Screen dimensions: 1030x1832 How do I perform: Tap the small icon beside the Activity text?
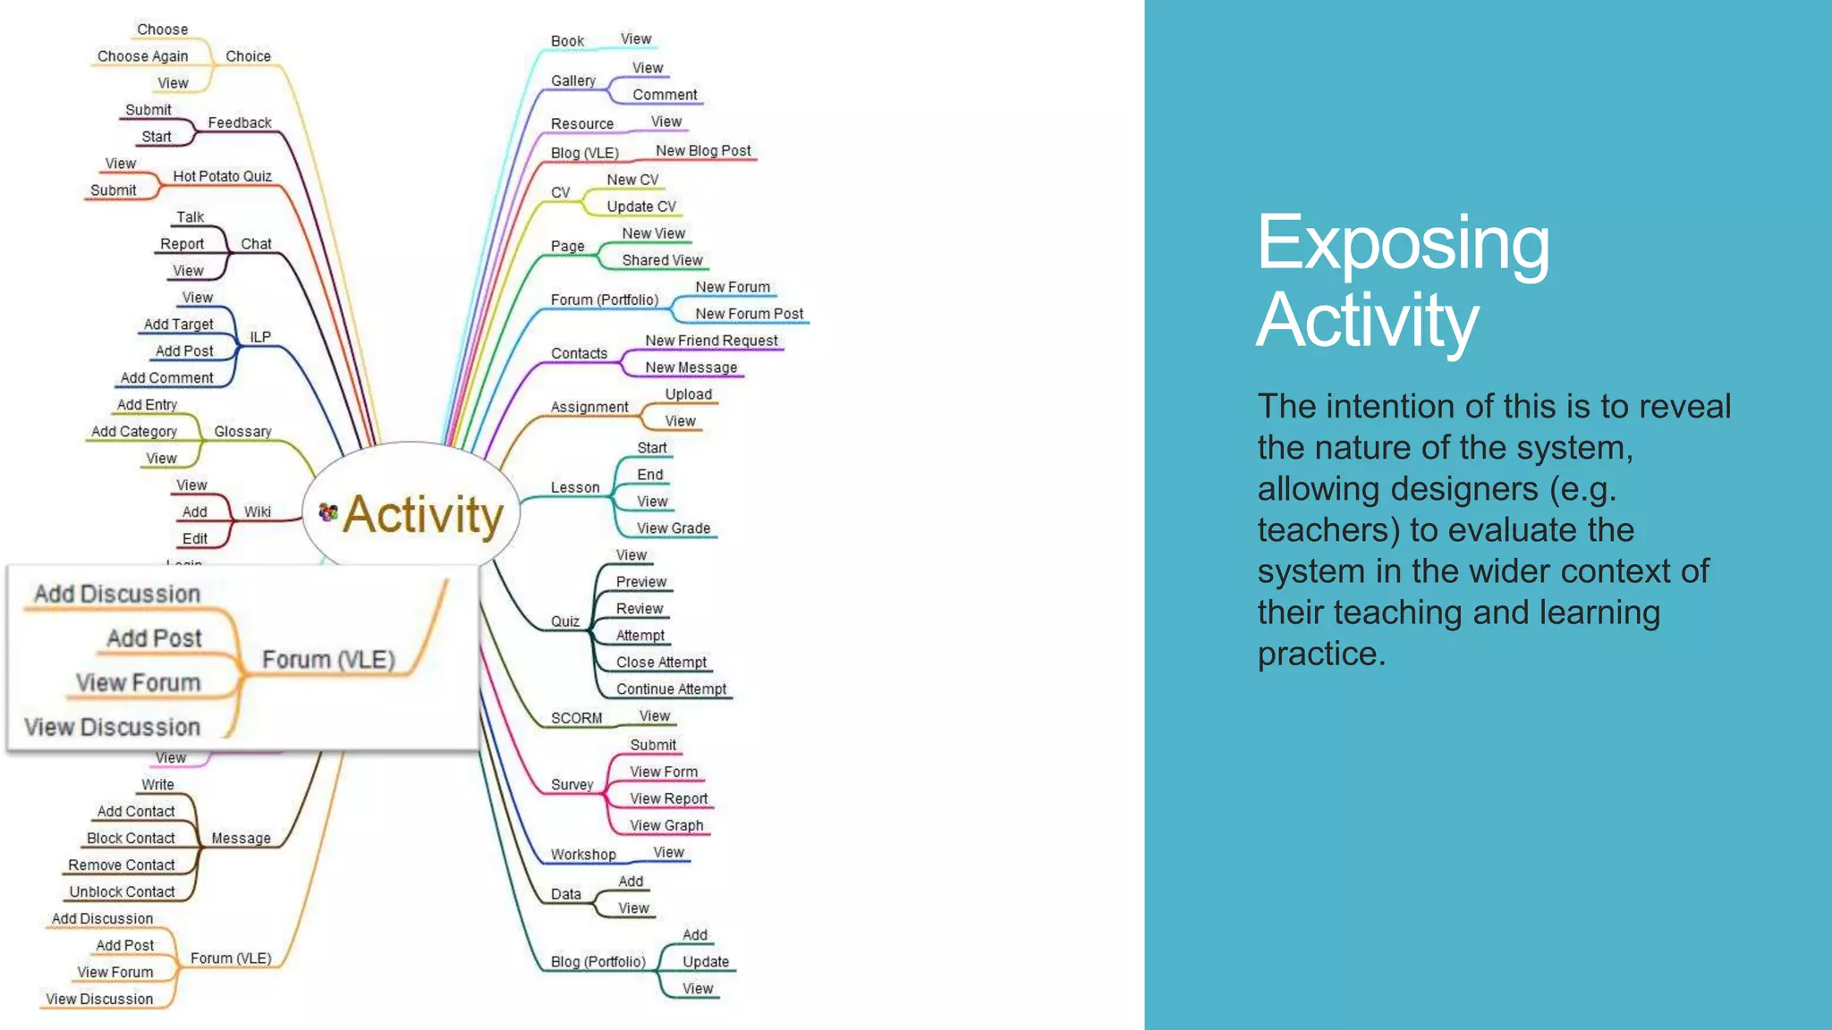pyautogui.click(x=328, y=512)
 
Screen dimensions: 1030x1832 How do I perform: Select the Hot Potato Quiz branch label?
pyautogui.click(x=222, y=176)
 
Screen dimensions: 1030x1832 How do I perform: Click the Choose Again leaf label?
pyautogui.click(x=142, y=56)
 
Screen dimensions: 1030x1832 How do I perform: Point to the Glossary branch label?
pyautogui.click(x=242, y=432)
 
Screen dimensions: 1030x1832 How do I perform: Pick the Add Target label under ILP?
pyautogui.click(x=178, y=325)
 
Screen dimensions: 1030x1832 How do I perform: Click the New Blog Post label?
pyautogui.click(x=703, y=151)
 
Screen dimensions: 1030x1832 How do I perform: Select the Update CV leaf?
pyautogui.click(x=641, y=207)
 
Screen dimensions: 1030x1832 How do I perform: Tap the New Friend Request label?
pyautogui.click(x=711, y=341)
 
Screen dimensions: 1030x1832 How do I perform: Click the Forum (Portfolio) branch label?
pyautogui.click(x=604, y=300)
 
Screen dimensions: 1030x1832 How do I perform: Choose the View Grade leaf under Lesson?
pyautogui.click(x=673, y=528)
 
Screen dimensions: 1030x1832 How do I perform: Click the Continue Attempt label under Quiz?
pyautogui.click(x=671, y=689)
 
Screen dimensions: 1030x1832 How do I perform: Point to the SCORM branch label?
pyautogui.click(x=576, y=718)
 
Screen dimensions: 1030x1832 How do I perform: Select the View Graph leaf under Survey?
pyautogui.click(x=666, y=825)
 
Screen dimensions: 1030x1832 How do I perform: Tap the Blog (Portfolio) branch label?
pyautogui.click(x=598, y=962)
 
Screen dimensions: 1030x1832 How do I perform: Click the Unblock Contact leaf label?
pyautogui.click(x=122, y=892)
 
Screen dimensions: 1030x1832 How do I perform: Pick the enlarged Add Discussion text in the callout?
pyautogui.click(x=117, y=594)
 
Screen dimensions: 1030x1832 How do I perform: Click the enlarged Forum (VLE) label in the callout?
pyautogui.click(x=328, y=660)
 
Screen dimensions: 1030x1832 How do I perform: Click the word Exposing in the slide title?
pyautogui.click(x=1402, y=243)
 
